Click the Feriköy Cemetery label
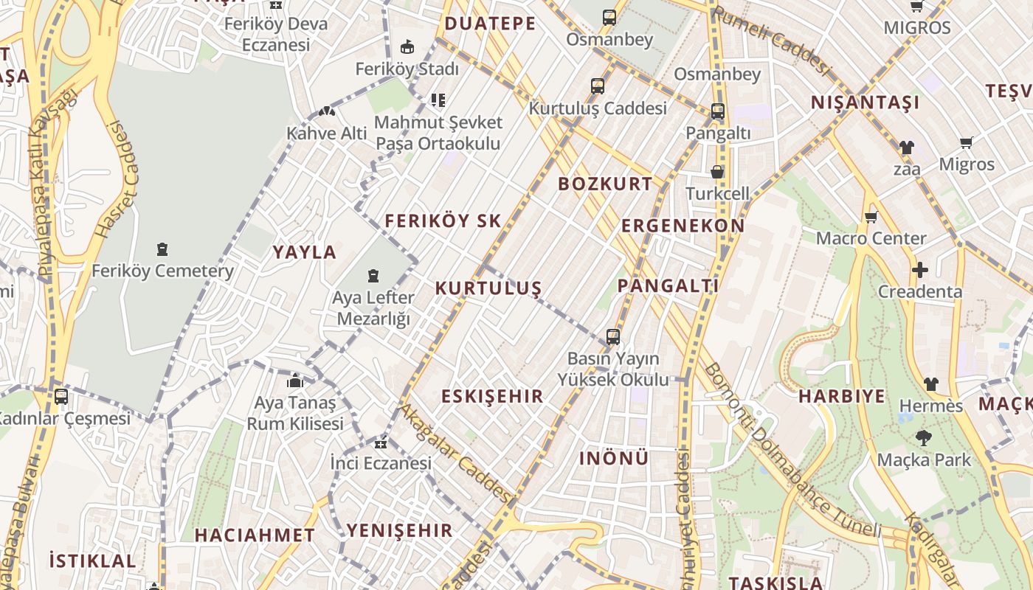point(162,271)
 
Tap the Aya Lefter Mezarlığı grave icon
point(373,277)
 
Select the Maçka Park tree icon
point(923,438)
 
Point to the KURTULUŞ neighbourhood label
point(488,288)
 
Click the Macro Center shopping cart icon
point(871,217)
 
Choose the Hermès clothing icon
point(931,384)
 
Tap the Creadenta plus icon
point(919,270)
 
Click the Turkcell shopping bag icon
point(717,173)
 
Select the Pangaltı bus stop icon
point(718,112)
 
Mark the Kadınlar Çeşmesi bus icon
point(61,397)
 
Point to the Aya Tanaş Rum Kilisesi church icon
point(295,381)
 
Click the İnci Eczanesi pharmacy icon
point(381,442)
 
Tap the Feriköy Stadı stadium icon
point(407,47)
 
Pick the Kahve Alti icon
point(326,112)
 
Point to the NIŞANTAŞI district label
point(866,103)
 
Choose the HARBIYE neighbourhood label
point(842,396)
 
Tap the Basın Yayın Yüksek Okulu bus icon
point(612,337)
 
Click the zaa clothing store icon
point(907,147)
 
